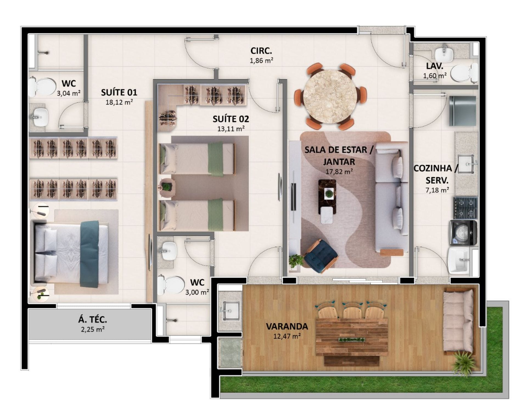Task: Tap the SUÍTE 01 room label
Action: point(119,92)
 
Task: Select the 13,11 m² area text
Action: point(231,129)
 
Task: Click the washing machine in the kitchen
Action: point(463,232)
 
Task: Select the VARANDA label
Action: point(287,326)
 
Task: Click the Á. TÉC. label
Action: point(92,320)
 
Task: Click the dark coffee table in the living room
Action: point(327,197)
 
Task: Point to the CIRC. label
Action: point(261,51)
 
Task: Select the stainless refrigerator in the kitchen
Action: point(462,111)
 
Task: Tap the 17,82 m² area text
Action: point(339,172)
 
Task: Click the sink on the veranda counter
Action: point(230,311)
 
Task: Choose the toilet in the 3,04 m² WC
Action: point(42,86)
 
